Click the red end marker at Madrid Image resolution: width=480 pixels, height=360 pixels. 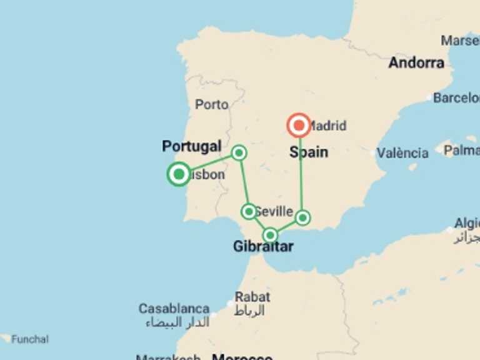tap(299, 126)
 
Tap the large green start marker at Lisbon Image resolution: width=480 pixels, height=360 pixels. tap(179, 174)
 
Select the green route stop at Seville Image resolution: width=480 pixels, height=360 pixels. tap(249, 211)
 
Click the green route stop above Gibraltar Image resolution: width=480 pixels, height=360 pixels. tap(270, 235)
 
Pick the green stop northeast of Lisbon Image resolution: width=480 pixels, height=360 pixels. tap(239, 152)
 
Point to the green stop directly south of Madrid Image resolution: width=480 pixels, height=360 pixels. tap(302, 217)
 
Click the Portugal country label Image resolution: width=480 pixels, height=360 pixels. tap(191, 146)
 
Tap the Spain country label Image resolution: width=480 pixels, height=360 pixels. tap(309, 152)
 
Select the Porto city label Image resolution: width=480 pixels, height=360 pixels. tap(211, 104)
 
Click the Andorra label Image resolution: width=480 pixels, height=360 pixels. tap(416, 62)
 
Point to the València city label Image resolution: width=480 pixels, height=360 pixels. tap(402, 153)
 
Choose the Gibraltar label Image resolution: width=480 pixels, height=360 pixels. tap(263, 247)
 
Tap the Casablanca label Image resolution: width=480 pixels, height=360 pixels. tap(174, 309)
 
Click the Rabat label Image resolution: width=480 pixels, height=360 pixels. tap(252, 297)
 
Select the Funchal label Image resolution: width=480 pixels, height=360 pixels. tap(29, 339)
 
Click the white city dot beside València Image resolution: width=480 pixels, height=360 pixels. tap(374, 153)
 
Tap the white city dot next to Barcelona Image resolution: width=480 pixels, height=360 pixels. tap(429, 98)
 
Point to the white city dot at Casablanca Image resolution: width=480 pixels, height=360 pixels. tap(214, 314)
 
